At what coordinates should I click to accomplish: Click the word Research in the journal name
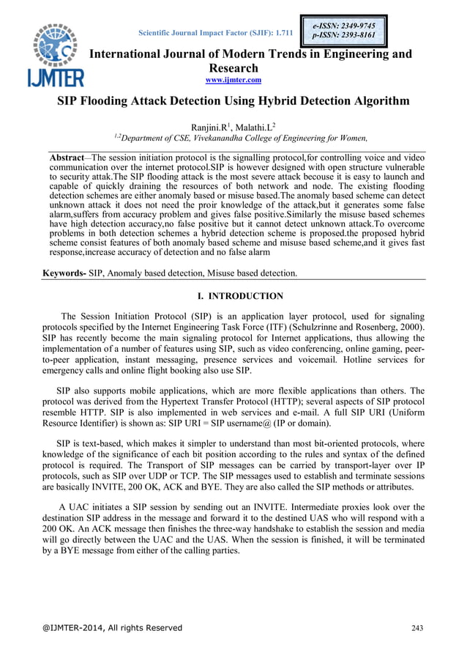[233, 67]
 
